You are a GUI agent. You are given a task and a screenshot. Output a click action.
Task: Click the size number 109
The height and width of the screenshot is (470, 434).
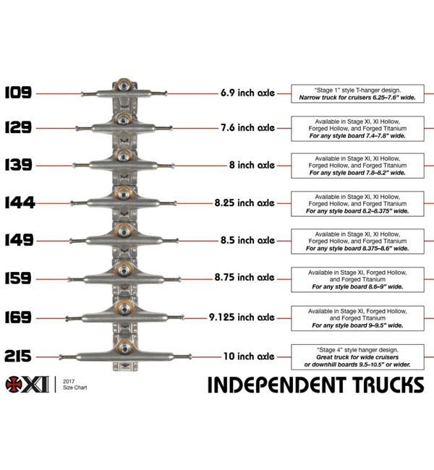tap(18, 92)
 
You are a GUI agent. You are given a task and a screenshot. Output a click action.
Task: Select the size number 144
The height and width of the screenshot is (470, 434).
tap(19, 203)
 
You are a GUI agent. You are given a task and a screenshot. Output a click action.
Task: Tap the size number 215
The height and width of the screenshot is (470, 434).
tap(19, 356)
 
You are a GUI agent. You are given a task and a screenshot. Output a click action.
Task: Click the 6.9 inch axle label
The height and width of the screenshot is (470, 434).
tap(248, 93)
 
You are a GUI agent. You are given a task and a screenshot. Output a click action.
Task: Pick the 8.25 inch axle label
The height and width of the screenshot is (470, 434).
tap(244, 203)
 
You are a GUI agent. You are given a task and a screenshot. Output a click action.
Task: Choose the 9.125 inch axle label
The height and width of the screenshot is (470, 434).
tap(242, 317)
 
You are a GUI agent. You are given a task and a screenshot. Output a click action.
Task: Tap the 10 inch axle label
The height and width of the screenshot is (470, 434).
tap(248, 356)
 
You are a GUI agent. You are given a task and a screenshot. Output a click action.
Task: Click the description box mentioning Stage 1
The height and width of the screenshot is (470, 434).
tap(357, 92)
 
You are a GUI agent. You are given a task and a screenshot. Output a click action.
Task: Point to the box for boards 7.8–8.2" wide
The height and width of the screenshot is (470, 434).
tap(357, 165)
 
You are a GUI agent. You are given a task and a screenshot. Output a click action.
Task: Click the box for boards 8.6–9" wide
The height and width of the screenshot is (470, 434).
tap(357, 278)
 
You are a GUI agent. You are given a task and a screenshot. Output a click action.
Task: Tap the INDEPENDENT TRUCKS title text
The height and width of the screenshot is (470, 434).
tap(315, 384)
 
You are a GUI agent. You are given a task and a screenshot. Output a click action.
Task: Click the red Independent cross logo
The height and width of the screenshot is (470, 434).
tap(14, 384)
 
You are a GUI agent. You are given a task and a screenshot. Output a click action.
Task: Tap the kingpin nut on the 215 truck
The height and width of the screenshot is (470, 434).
tap(124, 348)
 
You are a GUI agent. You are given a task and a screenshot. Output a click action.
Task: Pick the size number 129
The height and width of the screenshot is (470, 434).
tap(18, 128)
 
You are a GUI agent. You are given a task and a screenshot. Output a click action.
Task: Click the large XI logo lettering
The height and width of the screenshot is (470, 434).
tap(37, 384)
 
